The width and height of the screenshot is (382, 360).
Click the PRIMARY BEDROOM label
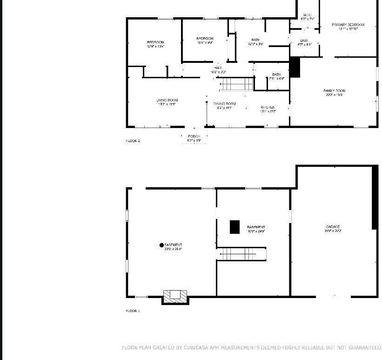(348, 25)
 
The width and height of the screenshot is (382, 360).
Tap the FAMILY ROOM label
(334, 91)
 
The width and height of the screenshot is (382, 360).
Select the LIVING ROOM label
(167, 100)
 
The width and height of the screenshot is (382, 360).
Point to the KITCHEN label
(268, 108)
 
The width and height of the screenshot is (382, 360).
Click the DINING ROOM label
(225, 104)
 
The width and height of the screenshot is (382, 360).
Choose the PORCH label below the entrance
(194, 136)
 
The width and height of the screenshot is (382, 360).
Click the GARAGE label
(333, 227)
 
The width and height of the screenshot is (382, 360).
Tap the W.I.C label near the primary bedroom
(307, 15)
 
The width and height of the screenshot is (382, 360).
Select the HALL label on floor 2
(218, 68)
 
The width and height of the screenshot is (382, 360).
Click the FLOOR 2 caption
(133, 141)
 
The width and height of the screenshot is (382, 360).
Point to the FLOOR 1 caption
(133, 311)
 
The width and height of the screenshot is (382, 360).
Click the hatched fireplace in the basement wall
(175, 295)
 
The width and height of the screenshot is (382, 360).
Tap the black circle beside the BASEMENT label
(161, 245)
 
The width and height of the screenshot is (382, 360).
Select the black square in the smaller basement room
(235, 227)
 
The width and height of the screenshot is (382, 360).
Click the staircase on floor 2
(236, 84)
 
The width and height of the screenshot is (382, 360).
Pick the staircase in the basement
(237, 254)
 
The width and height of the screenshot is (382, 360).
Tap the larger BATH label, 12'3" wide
(255, 40)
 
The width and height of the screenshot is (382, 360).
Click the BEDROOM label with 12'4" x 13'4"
(155, 42)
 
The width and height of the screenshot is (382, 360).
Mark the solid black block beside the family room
(295, 68)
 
